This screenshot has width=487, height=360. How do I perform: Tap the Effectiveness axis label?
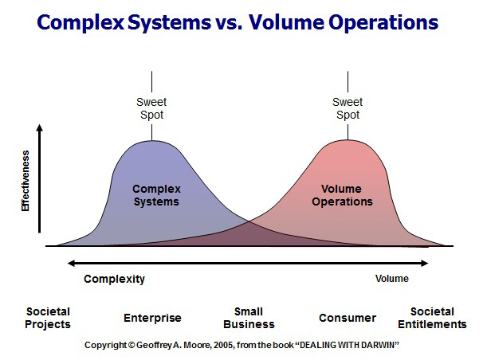(26, 181)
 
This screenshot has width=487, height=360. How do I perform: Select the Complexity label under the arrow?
(114, 279)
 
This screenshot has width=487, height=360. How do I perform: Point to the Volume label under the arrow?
(392, 279)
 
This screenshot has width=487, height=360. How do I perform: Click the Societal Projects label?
(48, 318)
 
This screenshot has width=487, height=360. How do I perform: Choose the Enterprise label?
(152, 318)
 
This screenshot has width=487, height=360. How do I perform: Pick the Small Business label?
(249, 318)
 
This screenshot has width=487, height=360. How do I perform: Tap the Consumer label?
(348, 318)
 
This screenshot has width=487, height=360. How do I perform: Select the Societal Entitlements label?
(432, 318)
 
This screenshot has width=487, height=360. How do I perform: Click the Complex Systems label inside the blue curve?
(156, 195)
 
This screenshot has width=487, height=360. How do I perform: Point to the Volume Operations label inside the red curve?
(342, 195)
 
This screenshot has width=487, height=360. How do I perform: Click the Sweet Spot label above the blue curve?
(151, 108)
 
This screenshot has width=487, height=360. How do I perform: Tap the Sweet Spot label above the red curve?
(348, 108)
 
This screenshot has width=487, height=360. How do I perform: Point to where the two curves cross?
(249, 221)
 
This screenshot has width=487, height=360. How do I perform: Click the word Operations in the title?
(383, 23)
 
